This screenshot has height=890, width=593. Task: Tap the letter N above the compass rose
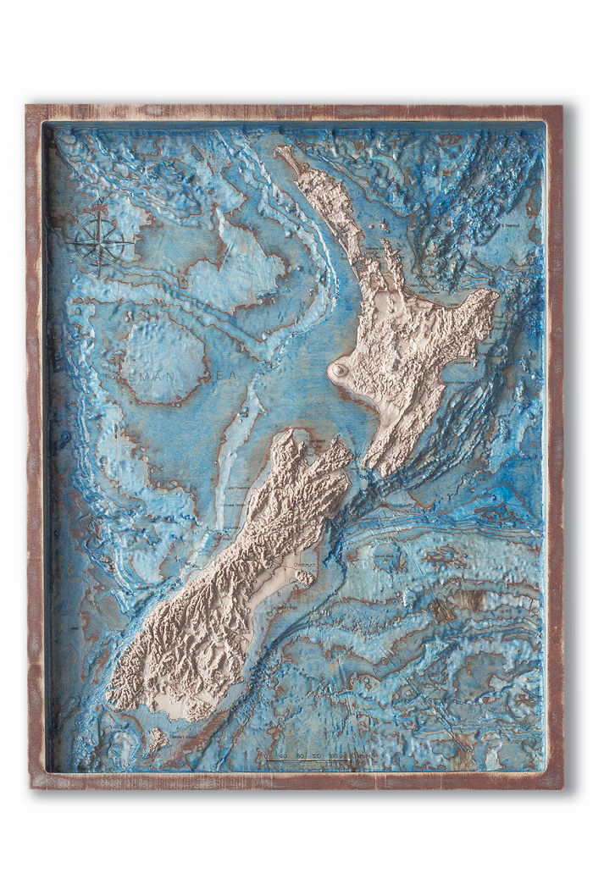coord(101,213)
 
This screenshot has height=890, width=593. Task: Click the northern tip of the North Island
coord(283,152)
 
